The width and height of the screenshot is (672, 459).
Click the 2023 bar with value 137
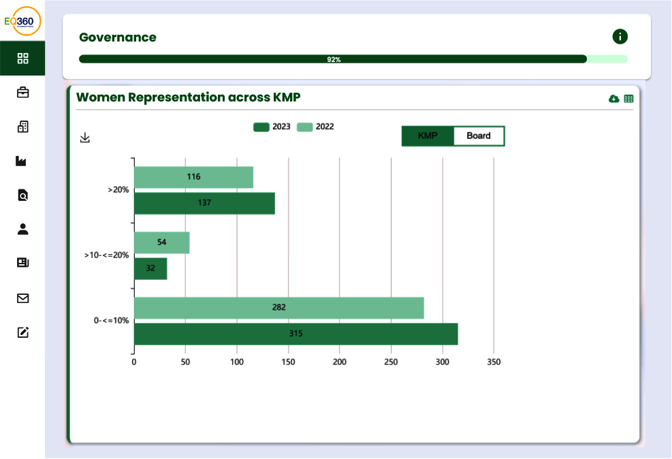(x=204, y=203)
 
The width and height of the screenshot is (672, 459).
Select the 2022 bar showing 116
(x=193, y=177)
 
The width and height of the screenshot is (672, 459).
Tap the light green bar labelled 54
(x=161, y=242)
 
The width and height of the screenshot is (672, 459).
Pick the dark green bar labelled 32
(x=150, y=268)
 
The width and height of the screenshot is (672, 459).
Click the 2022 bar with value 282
(x=278, y=308)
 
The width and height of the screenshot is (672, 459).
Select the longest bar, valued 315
(x=295, y=334)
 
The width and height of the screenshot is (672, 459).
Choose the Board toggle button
(x=479, y=136)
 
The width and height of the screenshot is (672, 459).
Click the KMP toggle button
(x=428, y=136)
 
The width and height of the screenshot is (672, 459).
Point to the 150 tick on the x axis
(x=288, y=362)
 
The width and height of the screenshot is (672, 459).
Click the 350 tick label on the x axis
(x=494, y=362)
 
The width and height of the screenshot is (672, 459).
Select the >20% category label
(x=118, y=191)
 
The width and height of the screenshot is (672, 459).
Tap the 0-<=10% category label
(x=111, y=320)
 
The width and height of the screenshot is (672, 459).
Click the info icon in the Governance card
(x=620, y=37)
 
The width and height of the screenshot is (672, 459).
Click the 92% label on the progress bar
(x=334, y=59)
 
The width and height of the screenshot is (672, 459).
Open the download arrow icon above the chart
(x=85, y=138)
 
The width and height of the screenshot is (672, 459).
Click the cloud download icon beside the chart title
(x=613, y=99)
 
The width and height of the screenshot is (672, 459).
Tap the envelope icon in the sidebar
(x=23, y=298)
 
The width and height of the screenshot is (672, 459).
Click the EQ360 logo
(x=22, y=21)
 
